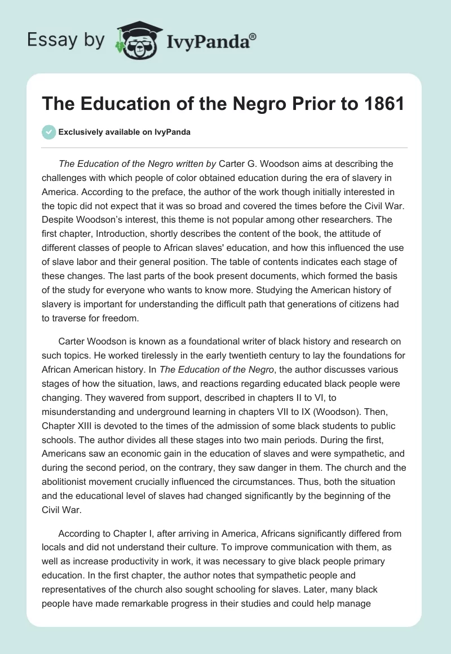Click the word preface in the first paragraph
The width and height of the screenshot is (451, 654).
(171, 191)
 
